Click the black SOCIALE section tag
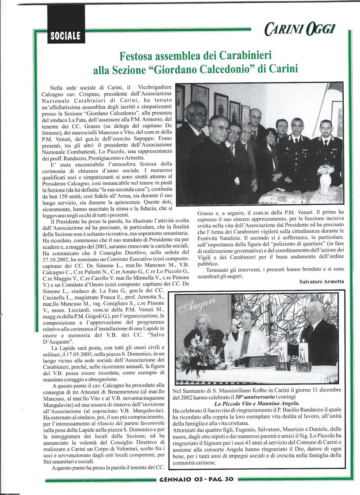65,36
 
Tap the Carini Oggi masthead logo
299,29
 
